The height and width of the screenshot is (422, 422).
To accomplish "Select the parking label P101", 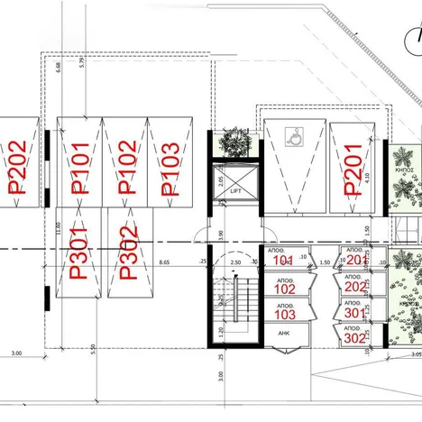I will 80,169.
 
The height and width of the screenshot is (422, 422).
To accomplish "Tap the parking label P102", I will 128,169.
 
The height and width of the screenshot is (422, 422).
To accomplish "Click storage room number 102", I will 284,289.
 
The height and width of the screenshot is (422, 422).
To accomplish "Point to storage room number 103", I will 284,315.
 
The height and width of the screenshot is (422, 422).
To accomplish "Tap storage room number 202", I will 355,287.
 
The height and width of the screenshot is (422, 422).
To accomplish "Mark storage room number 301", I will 355,313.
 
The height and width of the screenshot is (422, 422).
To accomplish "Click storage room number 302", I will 355,339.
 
